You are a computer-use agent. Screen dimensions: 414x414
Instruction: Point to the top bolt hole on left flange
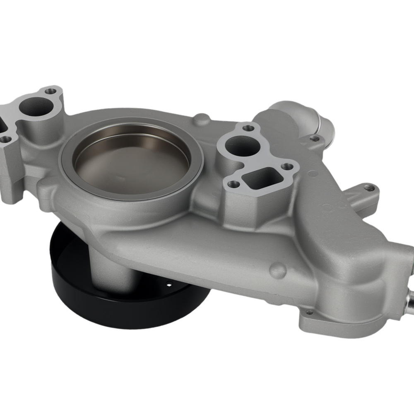point(51,91)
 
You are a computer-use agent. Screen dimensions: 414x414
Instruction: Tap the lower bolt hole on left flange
point(5,140)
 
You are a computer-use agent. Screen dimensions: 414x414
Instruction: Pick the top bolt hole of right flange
point(248,128)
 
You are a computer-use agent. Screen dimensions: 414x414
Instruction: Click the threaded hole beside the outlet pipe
point(315,138)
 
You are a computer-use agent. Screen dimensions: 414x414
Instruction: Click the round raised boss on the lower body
point(279,270)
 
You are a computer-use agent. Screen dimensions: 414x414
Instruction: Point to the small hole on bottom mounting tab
point(309,313)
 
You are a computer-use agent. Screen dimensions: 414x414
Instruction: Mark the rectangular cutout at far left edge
point(2,124)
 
